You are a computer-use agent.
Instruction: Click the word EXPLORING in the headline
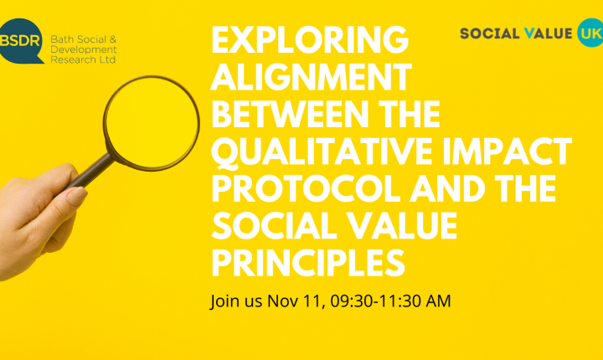coord(310,40)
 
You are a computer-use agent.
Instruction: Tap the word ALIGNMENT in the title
coord(311,77)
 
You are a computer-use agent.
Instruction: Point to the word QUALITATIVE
coord(322,152)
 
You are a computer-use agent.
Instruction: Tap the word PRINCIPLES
coord(308,262)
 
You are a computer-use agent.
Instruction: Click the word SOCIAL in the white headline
coord(275,225)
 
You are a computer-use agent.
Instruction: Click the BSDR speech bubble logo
coord(21,41)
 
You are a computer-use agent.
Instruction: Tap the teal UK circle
coord(590,33)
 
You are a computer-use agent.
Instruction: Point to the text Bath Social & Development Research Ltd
coord(84,49)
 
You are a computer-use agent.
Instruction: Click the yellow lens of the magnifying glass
coord(152,122)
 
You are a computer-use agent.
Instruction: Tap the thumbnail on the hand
coord(76,196)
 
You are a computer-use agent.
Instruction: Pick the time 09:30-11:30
coord(371,301)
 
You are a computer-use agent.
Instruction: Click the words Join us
coord(236,301)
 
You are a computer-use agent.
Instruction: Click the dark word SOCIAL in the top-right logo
coord(490,33)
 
